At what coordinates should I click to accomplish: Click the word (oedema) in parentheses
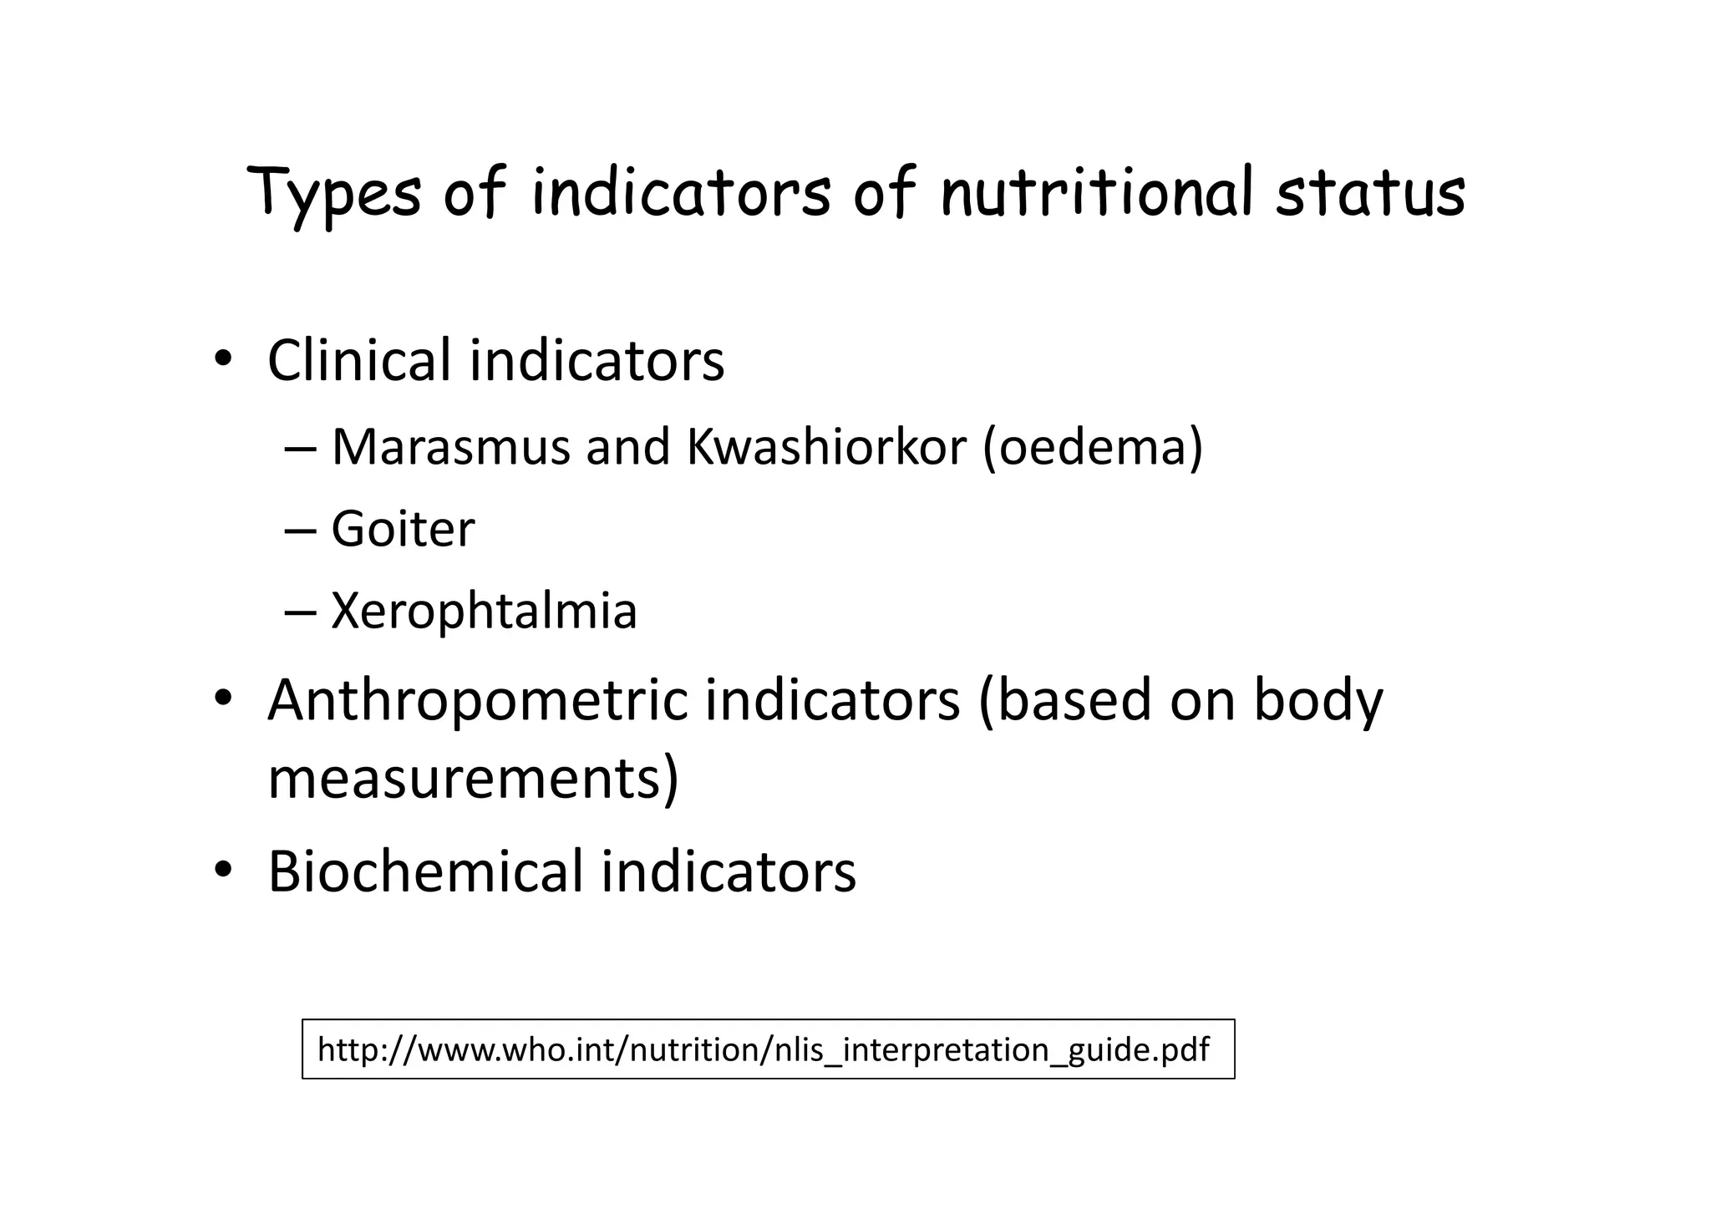coord(1093,447)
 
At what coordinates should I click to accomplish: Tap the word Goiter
coord(403,529)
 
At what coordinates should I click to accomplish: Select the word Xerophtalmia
coord(484,611)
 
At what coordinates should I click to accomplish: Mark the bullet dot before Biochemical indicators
coord(222,871)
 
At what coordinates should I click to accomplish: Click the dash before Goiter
coord(300,531)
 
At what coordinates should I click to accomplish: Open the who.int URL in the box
coord(763,1049)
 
